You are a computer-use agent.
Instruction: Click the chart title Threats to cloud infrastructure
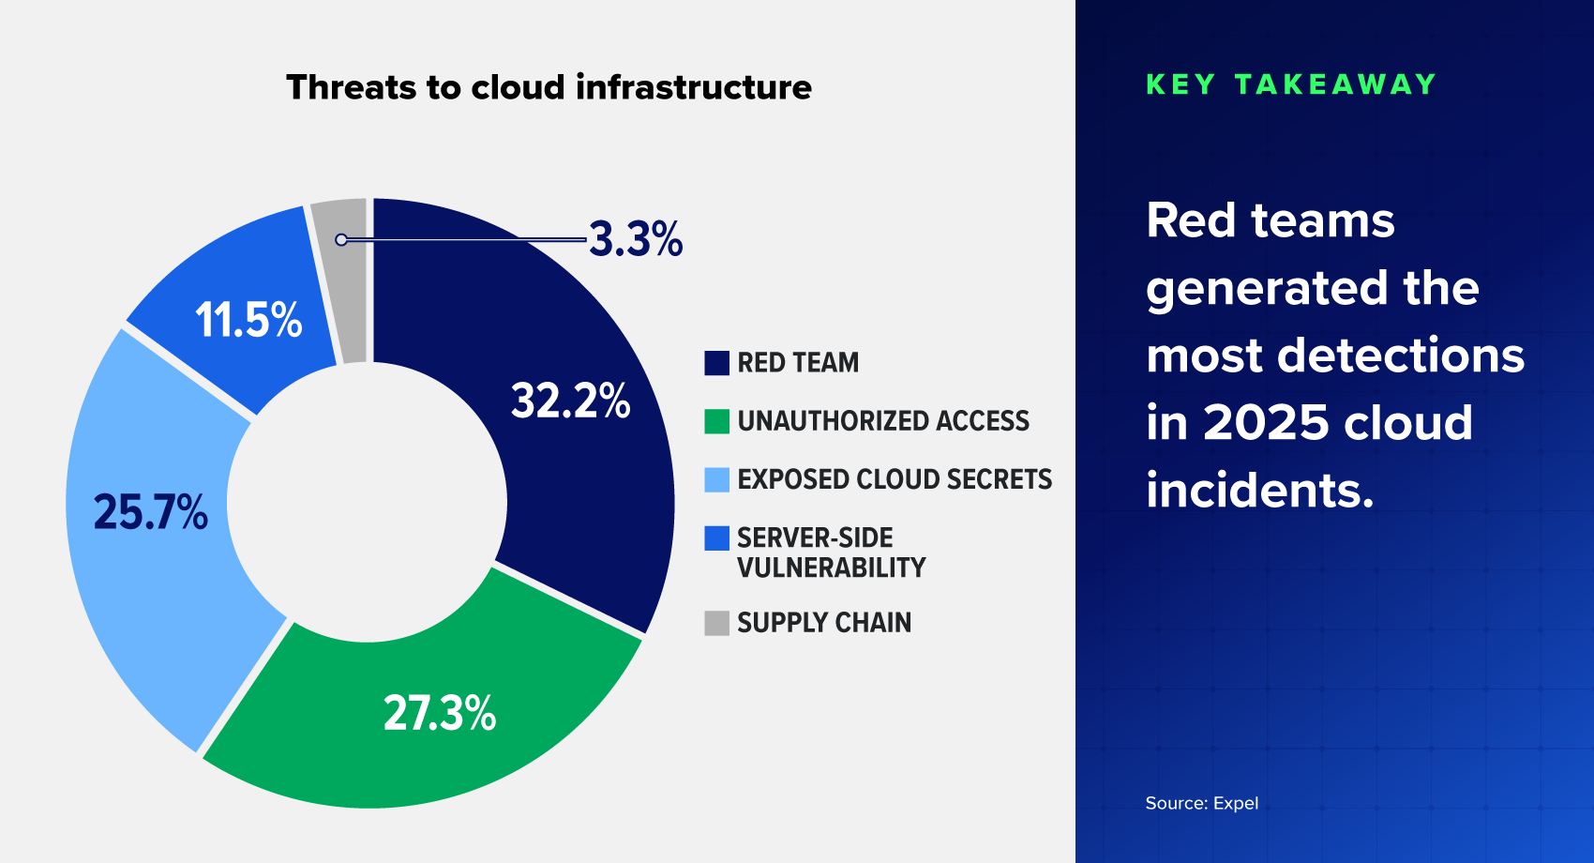point(549,87)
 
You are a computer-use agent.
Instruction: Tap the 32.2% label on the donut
point(570,401)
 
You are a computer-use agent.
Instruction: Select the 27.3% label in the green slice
point(440,713)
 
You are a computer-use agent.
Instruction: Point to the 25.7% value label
point(150,512)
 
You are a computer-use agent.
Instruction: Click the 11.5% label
point(248,320)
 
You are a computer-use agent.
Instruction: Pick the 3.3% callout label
point(636,239)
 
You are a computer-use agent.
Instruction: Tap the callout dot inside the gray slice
point(341,240)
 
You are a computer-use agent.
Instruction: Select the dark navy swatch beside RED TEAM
point(716,363)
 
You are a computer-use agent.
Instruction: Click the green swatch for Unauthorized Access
point(716,421)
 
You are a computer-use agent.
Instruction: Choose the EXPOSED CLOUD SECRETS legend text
point(895,479)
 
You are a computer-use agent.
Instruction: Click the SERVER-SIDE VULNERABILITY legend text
point(831,553)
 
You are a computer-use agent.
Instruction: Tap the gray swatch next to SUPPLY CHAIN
point(716,623)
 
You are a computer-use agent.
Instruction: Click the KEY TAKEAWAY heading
point(1291,84)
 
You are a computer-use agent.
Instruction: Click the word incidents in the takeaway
point(1259,490)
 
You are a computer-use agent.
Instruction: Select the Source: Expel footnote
point(1201,803)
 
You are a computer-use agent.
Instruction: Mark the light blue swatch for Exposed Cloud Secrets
point(716,479)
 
